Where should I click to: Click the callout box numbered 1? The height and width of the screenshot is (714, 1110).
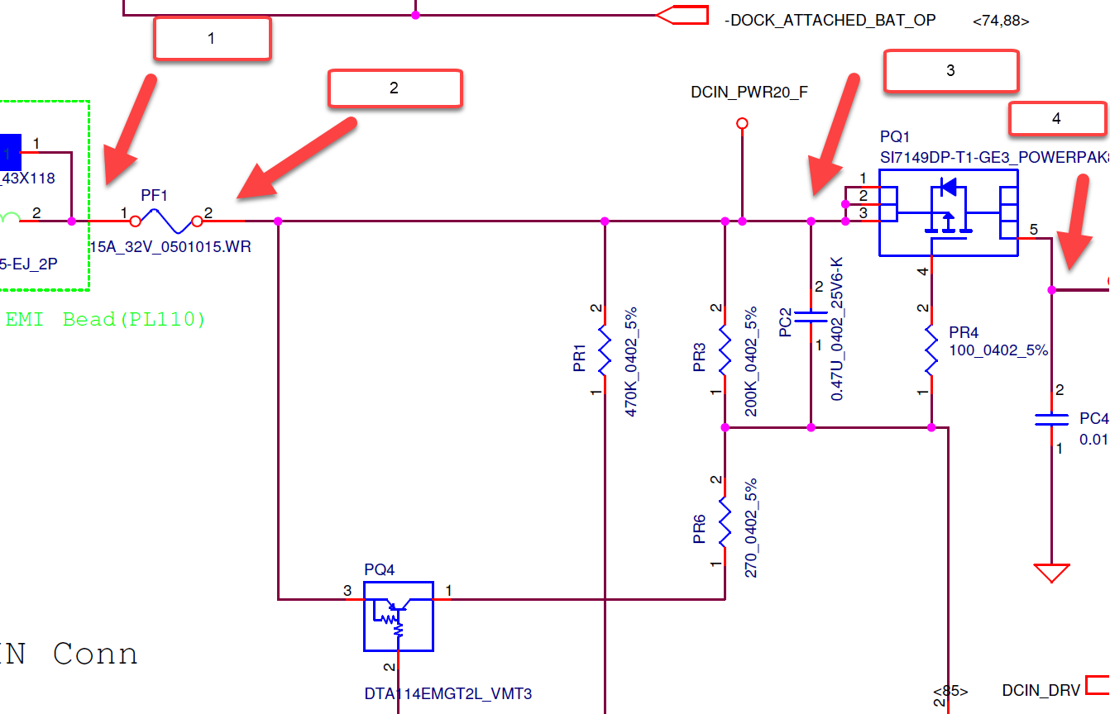point(212,38)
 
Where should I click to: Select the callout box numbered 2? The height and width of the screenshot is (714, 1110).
point(395,88)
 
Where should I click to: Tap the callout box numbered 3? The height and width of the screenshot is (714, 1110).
point(950,71)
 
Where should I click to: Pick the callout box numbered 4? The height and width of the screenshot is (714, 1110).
point(1056,119)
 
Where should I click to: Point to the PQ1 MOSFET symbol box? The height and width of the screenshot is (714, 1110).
point(948,212)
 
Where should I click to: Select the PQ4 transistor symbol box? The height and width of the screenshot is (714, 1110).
point(398,616)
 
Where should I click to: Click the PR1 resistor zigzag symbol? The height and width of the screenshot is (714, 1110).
point(605,350)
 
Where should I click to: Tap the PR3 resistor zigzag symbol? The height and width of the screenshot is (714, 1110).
point(725,350)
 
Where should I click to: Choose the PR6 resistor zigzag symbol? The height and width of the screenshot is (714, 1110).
point(725,521)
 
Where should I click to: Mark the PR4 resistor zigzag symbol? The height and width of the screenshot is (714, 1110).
point(931,350)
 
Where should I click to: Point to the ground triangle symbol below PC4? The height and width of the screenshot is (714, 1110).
point(1051,572)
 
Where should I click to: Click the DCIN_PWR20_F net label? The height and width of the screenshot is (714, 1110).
point(749,93)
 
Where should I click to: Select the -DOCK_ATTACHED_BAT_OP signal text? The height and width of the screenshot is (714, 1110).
point(830,20)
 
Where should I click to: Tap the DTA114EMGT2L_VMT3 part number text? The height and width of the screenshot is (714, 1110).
point(447,693)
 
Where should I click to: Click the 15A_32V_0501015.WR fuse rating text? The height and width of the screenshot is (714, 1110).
point(170,246)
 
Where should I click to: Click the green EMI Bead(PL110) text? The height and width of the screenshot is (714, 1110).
point(105,319)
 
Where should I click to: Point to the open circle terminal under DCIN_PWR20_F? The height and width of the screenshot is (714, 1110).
point(742,124)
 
